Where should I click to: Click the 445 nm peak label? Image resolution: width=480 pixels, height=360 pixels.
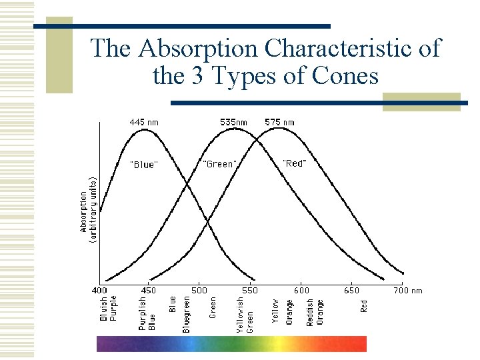(143, 122)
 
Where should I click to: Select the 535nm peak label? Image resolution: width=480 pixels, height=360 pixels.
(234, 122)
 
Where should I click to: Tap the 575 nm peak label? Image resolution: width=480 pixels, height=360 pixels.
(279, 122)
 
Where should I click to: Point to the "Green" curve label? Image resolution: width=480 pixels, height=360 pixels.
(219, 163)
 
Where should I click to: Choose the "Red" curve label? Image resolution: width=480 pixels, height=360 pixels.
(294, 163)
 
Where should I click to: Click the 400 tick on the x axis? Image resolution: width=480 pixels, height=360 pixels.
(99, 290)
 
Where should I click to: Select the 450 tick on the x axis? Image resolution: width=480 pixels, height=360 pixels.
(149, 290)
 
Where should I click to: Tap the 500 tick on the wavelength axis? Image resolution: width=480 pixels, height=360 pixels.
(199, 290)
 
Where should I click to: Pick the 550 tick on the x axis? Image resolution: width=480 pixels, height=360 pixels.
(249, 290)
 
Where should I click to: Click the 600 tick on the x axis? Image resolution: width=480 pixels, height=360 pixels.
(301, 290)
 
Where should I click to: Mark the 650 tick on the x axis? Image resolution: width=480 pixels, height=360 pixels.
(351, 290)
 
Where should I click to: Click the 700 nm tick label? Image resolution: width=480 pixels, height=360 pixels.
(407, 290)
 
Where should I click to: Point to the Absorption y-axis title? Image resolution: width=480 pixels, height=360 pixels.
(87, 209)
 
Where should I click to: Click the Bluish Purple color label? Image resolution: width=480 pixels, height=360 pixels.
(108, 309)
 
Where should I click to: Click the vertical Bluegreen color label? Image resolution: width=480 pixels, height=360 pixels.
(187, 314)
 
